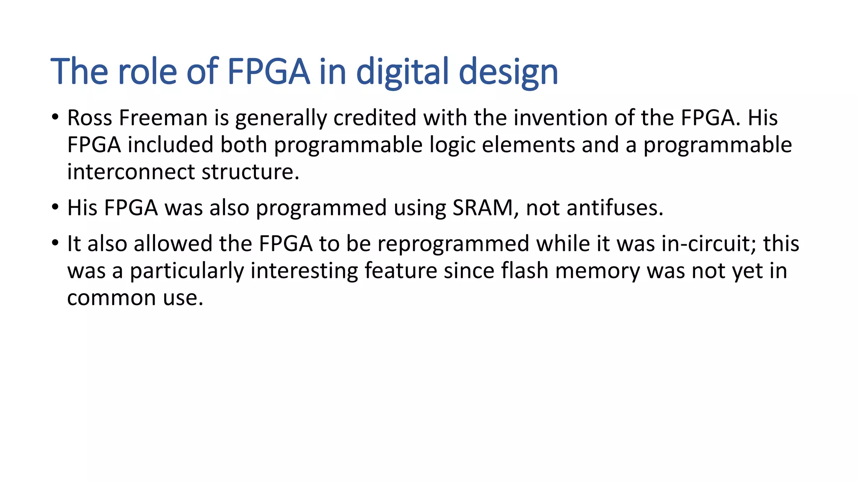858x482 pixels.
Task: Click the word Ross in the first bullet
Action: coord(89,118)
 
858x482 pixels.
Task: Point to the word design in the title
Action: coord(508,72)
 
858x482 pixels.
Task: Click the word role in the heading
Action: coord(147,72)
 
